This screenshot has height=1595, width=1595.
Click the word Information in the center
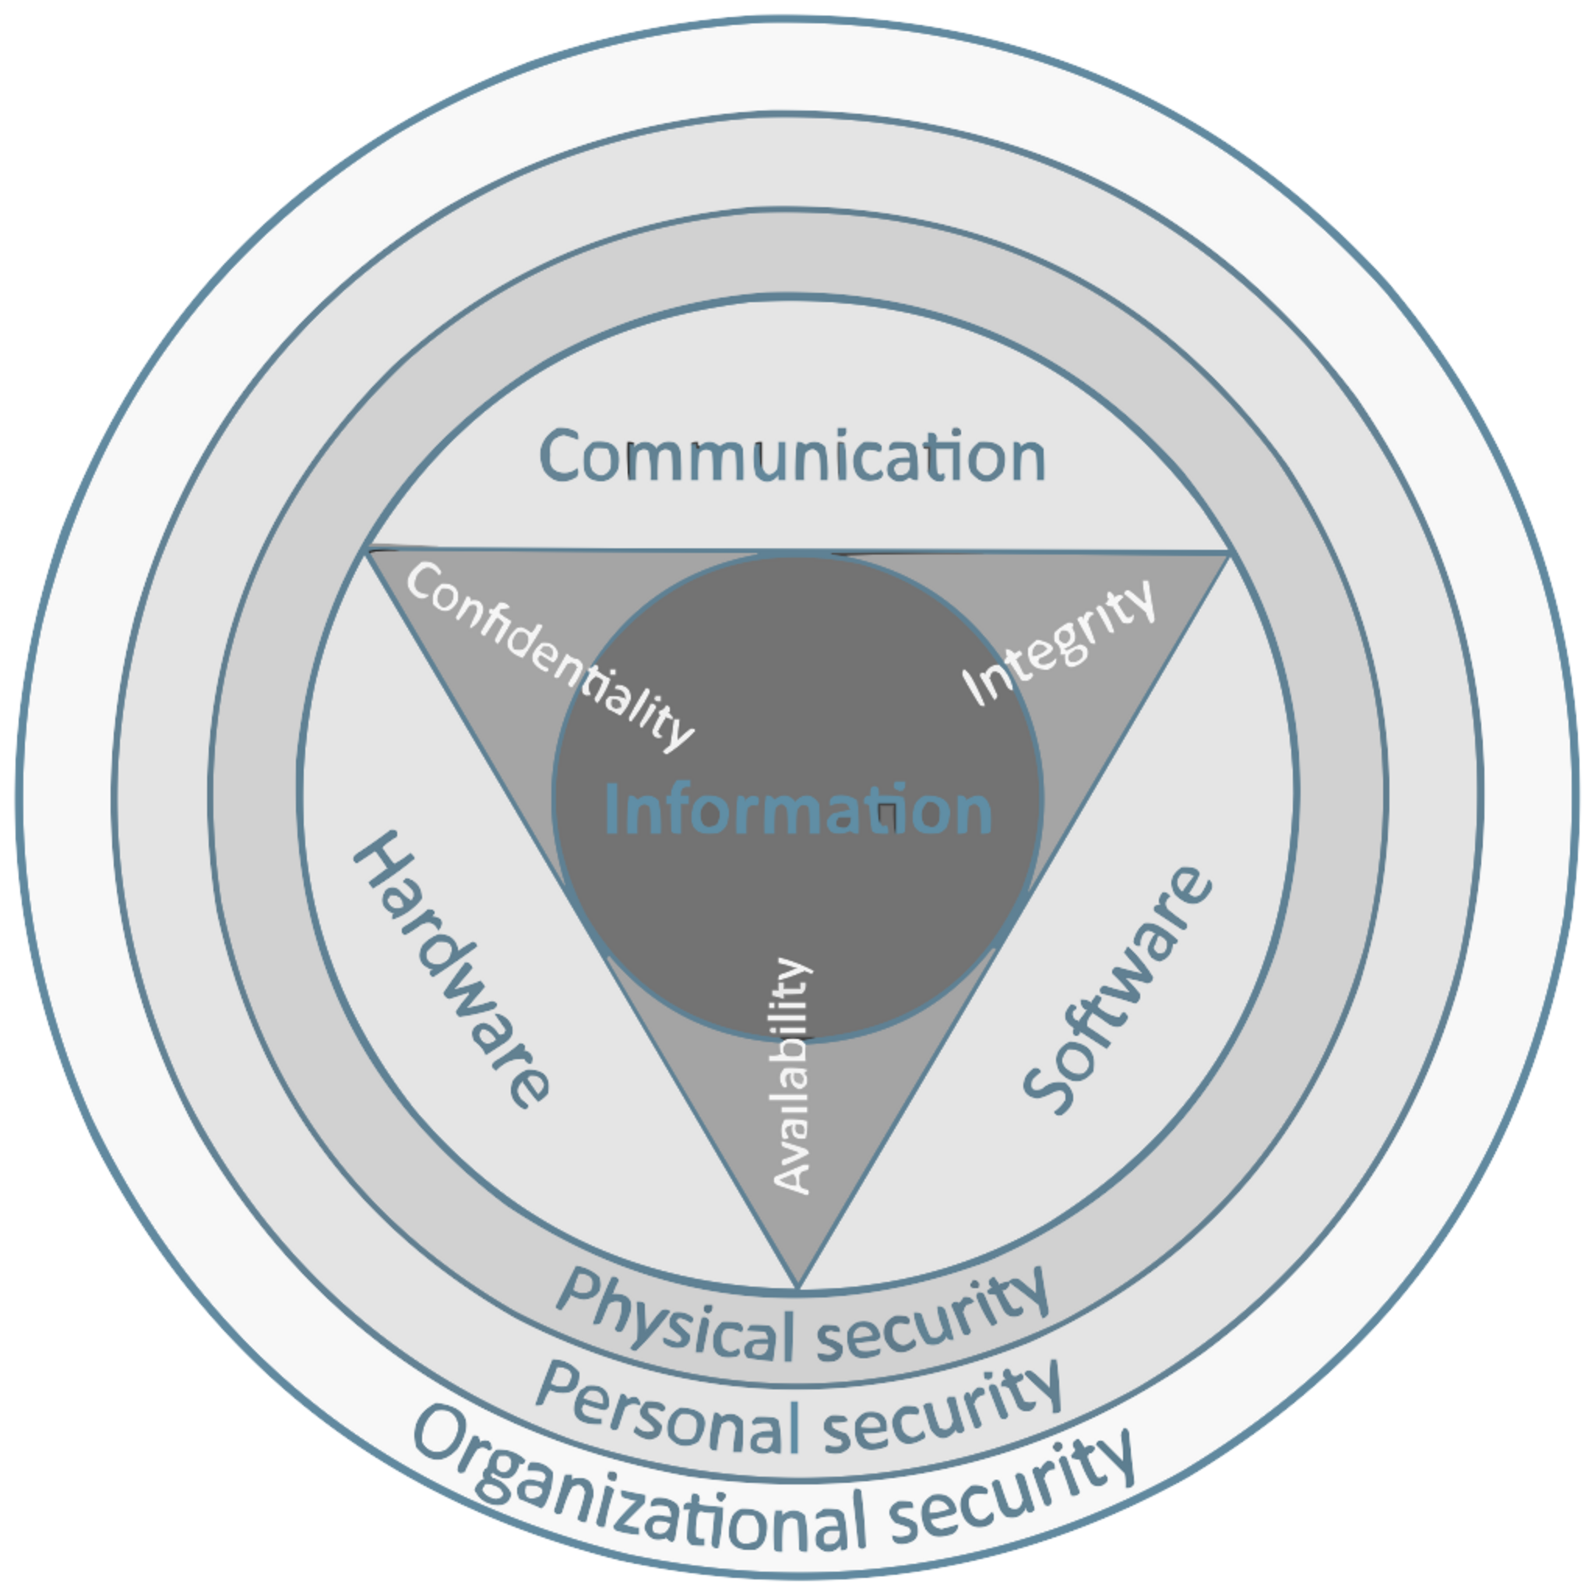(798, 810)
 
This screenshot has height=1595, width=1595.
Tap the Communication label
(793, 455)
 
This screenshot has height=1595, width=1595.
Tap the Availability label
(793, 1076)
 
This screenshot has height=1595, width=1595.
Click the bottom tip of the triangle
(798, 1287)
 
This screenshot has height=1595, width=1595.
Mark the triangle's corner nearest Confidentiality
(368, 551)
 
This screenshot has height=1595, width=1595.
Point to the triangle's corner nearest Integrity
(1229, 553)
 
